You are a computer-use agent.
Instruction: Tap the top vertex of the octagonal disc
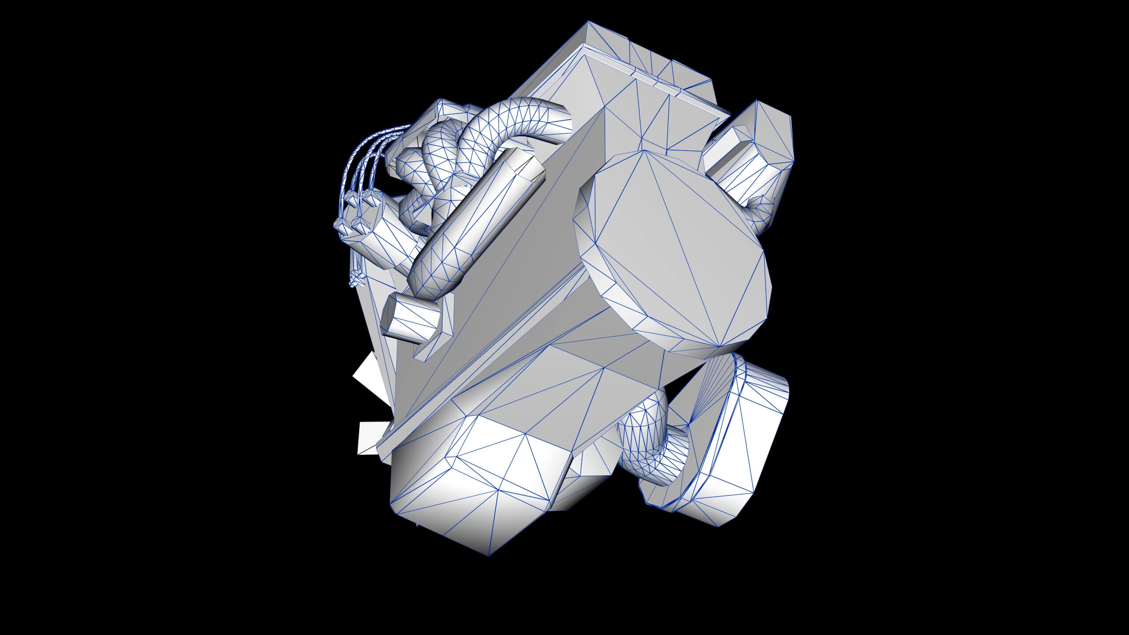645,150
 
